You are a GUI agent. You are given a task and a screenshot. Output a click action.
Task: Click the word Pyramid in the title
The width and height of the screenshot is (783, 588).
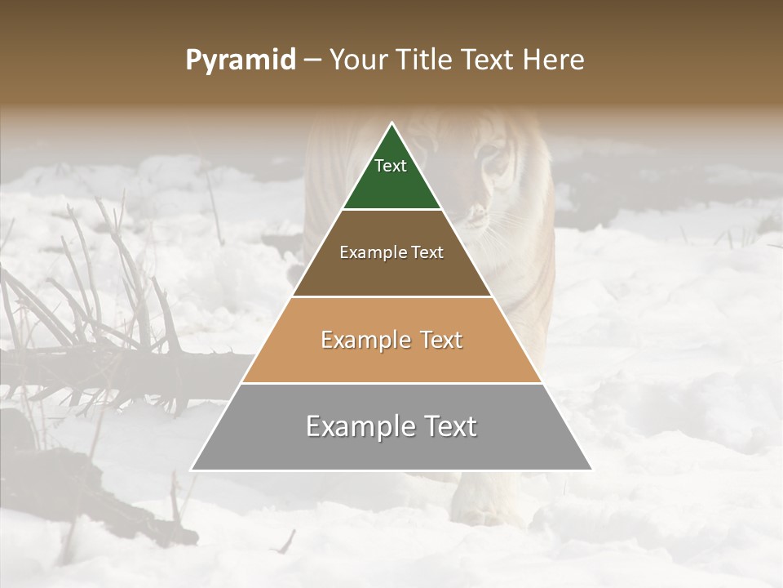pyautogui.click(x=240, y=60)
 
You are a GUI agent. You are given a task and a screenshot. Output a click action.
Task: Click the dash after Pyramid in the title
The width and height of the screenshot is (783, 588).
pyautogui.click(x=312, y=60)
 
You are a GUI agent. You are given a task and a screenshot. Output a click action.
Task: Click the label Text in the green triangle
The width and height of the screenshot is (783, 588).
pyautogui.click(x=391, y=166)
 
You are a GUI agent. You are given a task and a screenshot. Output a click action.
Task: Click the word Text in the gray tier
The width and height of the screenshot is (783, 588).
pyautogui.click(x=450, y=426)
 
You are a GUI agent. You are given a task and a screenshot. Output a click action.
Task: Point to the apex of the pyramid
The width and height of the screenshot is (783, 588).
pyautogui.click(x=391, y=123)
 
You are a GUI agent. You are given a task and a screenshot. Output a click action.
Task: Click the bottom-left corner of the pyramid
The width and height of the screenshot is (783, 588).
pyautogui.click(x=192, y=470)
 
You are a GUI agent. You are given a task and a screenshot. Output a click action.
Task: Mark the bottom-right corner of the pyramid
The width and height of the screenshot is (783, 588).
pyautogui.click(x=591, y=470)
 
